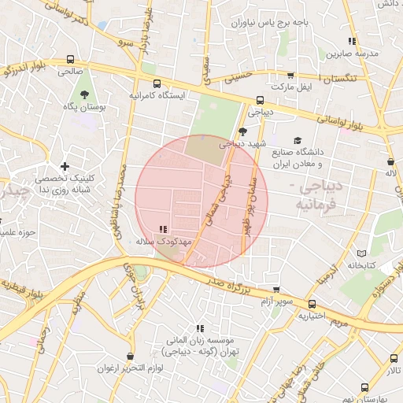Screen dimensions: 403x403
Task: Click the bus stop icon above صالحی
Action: click(71, 59)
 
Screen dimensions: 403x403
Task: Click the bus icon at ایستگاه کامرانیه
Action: click(157, 83)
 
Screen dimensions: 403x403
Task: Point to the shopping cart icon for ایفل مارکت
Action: click(281, 82)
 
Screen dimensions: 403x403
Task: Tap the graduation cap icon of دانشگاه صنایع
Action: click(298, 140)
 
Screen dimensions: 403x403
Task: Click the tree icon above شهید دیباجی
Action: click(242, 131)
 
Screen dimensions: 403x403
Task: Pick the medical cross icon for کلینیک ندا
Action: click(64, 166)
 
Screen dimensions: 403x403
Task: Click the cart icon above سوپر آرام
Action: click(275, 290)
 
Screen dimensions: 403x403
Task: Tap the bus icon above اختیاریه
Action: click(312, 304)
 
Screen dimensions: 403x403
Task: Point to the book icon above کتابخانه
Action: click(361, 253)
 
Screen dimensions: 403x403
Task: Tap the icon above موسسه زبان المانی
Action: click(201, 327)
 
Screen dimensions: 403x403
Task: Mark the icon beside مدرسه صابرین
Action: click(352, 41)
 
